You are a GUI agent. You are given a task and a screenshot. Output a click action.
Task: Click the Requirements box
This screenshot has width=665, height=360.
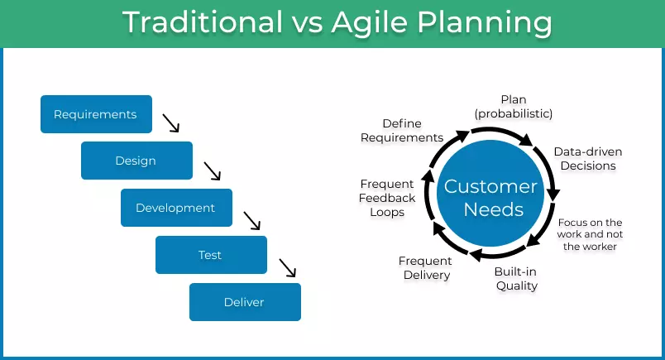point(96,114)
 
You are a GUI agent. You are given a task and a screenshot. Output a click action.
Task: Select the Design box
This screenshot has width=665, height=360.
point(136,161)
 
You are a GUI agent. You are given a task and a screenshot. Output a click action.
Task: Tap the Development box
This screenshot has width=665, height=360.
point(176,208)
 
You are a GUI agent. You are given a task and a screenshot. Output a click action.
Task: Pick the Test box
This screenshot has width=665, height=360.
point(211,255)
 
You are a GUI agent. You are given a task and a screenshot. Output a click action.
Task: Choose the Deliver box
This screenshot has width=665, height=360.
point(245,302)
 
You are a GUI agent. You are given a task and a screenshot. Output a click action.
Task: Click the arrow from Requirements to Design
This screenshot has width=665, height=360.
point(171,123)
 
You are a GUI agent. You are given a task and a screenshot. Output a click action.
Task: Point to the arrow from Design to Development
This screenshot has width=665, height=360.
point(213,170)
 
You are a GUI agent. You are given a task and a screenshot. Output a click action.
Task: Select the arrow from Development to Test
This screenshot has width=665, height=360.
point(251,220)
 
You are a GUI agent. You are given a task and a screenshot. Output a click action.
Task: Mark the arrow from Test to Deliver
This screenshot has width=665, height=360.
point(287,267)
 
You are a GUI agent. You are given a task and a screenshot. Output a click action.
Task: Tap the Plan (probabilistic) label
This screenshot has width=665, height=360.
point(513,107)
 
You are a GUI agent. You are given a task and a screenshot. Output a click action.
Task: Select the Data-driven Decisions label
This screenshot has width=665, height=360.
point(588,159)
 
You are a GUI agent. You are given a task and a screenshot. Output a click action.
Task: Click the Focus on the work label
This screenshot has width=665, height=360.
point(590,234)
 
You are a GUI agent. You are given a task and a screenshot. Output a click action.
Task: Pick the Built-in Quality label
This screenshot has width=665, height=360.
point(516,279)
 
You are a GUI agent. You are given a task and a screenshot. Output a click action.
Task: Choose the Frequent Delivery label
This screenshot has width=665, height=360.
point(426,268)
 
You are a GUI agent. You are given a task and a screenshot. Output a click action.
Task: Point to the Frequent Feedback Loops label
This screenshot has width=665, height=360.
point(388,198)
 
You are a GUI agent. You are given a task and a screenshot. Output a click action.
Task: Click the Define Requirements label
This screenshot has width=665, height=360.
point(402,131)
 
